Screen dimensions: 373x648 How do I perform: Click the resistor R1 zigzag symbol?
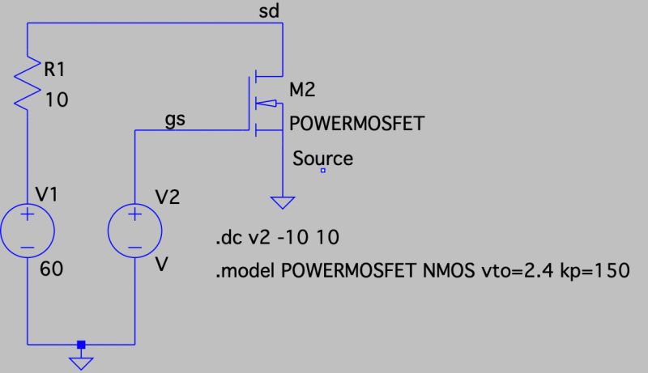[28, 81]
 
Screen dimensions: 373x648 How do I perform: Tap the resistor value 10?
[58, 100]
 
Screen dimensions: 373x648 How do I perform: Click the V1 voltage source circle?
[28, 228]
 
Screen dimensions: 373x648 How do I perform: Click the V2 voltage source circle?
[134, 228]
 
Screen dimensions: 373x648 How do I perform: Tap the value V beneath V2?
[162, 265]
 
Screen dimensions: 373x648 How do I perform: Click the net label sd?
[269, 11]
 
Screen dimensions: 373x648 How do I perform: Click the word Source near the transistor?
[322, 158]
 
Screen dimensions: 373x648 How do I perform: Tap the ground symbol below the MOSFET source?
[283, 202]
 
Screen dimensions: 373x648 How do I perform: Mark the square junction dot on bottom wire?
[80, 345]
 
